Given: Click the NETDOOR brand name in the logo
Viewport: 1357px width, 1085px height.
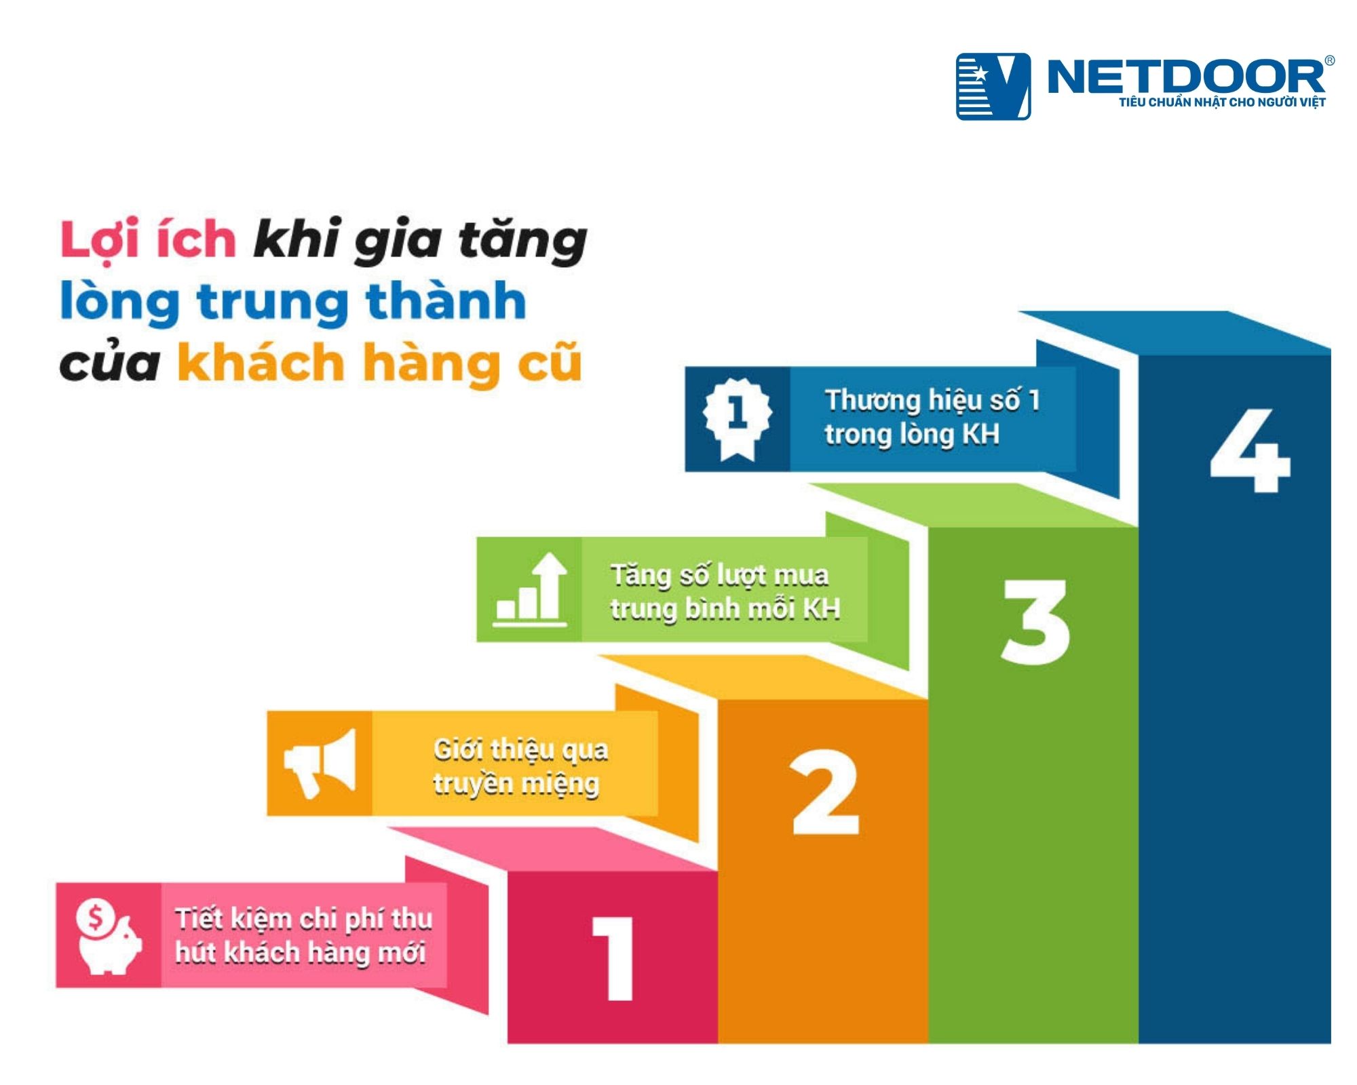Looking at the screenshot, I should click(1185, 76).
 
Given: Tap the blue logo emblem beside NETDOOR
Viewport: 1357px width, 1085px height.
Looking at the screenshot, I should click(993, 86).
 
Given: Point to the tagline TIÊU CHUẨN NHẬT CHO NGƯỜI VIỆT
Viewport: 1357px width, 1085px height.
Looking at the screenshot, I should click(1222, 102).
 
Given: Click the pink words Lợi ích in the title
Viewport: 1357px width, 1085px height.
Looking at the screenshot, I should click(148, 241).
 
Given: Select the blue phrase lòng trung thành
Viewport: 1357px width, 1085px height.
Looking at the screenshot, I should click(293, 302).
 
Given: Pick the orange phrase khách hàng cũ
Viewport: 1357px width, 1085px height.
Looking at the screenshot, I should click(379, 363).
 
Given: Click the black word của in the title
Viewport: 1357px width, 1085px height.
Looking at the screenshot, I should click(109, 364).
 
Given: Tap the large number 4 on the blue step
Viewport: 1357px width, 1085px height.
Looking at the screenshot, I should click(1250, 450).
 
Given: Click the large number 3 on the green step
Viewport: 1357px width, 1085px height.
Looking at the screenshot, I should click(1035, 622).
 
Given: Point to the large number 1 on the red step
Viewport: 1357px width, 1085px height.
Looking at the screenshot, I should click(615, 959).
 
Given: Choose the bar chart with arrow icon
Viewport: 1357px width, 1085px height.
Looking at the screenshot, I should click(530, 589).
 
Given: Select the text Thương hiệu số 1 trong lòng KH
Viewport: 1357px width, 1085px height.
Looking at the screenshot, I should click(931, 417).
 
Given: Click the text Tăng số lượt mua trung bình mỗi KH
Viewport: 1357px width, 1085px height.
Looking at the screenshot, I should click(725, 591).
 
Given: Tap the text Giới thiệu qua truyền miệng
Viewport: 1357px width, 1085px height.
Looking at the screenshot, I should click(520, 766).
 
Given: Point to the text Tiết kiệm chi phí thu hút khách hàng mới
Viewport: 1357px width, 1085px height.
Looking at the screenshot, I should click(303, 936).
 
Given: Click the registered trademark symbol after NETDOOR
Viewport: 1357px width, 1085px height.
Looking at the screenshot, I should click(1329, 61).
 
